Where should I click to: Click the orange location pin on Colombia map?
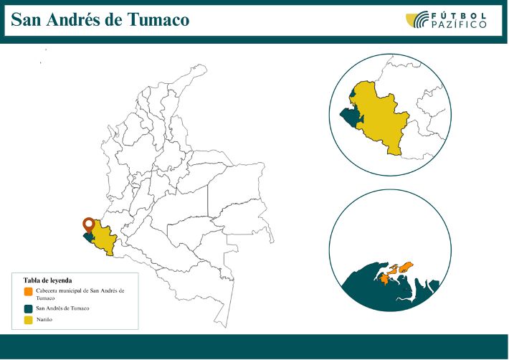(x=89, y=225)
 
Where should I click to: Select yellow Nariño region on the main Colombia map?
(x=105, y=240)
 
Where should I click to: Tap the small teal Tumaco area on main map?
(x=88, y=236)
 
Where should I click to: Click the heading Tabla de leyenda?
(x=48, y=280)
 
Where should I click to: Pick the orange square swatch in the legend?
(x=28, y=292)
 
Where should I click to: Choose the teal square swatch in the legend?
(x=28, y=308)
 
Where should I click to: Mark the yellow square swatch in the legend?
(x=28, y=320)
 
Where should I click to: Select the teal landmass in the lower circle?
(x=380, y=294)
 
